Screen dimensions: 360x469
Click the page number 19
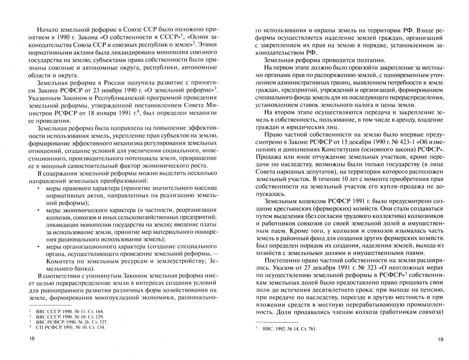tap(440, 340)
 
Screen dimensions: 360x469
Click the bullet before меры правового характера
tap(39, 189)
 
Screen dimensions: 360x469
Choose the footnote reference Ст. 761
tap(309, 329)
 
